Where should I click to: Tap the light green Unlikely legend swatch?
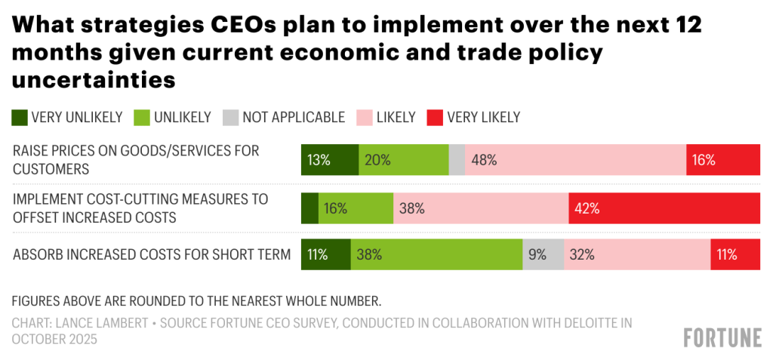(141, 117)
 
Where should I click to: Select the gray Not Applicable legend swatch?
(230, 117)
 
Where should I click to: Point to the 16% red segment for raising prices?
(722, 160)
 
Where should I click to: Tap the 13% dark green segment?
(329, 160)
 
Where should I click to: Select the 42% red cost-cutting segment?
(664, 208)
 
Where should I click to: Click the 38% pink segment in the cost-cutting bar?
(481, 208)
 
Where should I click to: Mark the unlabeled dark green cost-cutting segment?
(310, 208)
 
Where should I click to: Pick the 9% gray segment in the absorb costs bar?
(543, 254)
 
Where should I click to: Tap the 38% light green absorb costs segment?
(436, 254)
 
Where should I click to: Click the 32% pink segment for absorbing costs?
(636, 254)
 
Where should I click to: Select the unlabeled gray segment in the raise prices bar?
(457, 160)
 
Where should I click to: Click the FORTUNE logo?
(722, 337)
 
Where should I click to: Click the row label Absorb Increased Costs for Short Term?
(152, 254)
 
